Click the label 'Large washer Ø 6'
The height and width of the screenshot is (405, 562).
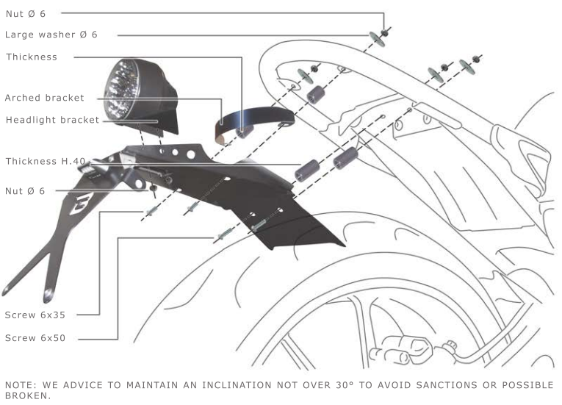coord(51,35)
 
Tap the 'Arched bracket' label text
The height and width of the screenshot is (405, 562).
coord(44,98)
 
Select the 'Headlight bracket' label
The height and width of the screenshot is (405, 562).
coord(52,120)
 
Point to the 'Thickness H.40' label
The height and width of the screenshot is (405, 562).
coord(46,161)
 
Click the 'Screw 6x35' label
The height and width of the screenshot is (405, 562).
coord(35,315)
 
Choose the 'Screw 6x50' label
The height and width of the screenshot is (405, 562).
coord(35,338)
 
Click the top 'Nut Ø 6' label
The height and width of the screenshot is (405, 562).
coord(26,14)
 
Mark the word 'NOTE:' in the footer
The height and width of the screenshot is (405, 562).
coord(21,385)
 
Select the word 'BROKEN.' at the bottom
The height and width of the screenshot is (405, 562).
coord(28,395)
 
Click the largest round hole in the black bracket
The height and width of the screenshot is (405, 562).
coord(191,154)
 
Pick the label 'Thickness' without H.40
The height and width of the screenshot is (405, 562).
coord(32,57)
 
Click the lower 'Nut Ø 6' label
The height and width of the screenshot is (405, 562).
coord(25,191)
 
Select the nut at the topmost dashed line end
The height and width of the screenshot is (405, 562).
coord(384,33)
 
